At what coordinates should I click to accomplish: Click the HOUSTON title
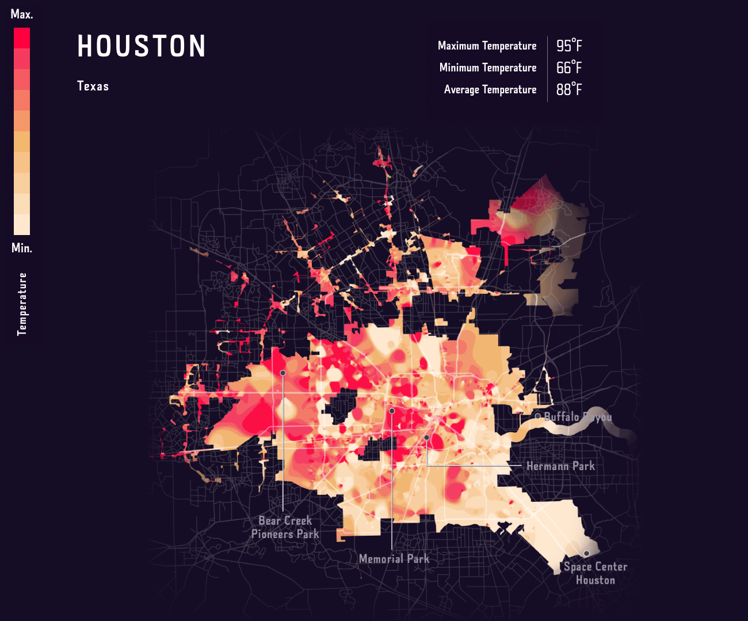pyautogui.click(x=142, y=46)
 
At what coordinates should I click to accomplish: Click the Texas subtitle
pyautogui.click(x=93, y=86)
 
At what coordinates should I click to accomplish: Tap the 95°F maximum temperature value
pyautogui.click(x=568, y=46)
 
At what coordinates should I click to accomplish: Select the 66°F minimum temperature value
pyautogui.click(x=568, y=67)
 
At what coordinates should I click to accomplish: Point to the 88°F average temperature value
pyautogui.click(x=568, y=89)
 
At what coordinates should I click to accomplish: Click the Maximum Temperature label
pyautogui.click(x=487, y=46)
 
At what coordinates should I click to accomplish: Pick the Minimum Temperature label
pyautogui.click(x=487, y=67)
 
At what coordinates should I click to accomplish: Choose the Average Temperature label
pyautogui.click(x=490, y=89)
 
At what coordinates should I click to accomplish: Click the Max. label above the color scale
pyautogui.click(x=22, y=14)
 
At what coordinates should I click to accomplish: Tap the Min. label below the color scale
pyautogui.click(x=22, y=248)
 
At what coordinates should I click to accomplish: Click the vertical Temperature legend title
pyautogui.click(x=22, y=304)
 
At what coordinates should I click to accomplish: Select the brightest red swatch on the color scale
pyautogui.click(x=22, y=38)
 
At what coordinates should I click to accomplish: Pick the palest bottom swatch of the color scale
pyautogui.click(x=22, y=225)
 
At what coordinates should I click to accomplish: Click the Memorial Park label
pyautogui.click(x=394, y=559)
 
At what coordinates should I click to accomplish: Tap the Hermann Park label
pyautogui.click(x=560, y=466)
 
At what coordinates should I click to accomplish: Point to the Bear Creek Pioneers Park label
pyautogui.click(x=285, y=527)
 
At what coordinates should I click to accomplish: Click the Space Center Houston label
pyautogui.click(x=596, y=573)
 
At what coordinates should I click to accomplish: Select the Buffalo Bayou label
pyautogui.click(x=578, y=416)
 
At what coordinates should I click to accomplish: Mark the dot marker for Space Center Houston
pyautogui.click(x=586, y=553)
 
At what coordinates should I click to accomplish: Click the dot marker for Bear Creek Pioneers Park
pyautogui.click(x=283, y=373)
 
